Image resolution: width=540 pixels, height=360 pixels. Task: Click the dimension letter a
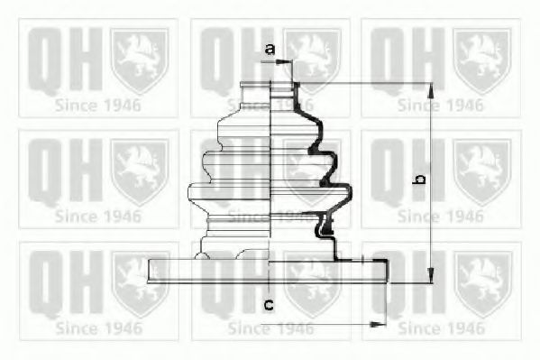(268, 48)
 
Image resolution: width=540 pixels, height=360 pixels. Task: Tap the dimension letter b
(417, 181)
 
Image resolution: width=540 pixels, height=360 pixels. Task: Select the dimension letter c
(268, 304)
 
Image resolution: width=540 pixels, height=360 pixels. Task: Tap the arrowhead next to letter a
(288, 62)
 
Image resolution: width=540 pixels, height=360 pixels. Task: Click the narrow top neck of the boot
(271, 88)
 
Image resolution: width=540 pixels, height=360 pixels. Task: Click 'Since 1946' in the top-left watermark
(97, 104)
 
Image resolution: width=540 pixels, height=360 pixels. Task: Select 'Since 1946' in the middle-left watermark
(97, 216)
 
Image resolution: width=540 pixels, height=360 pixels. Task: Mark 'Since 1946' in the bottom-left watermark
(97, 328)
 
